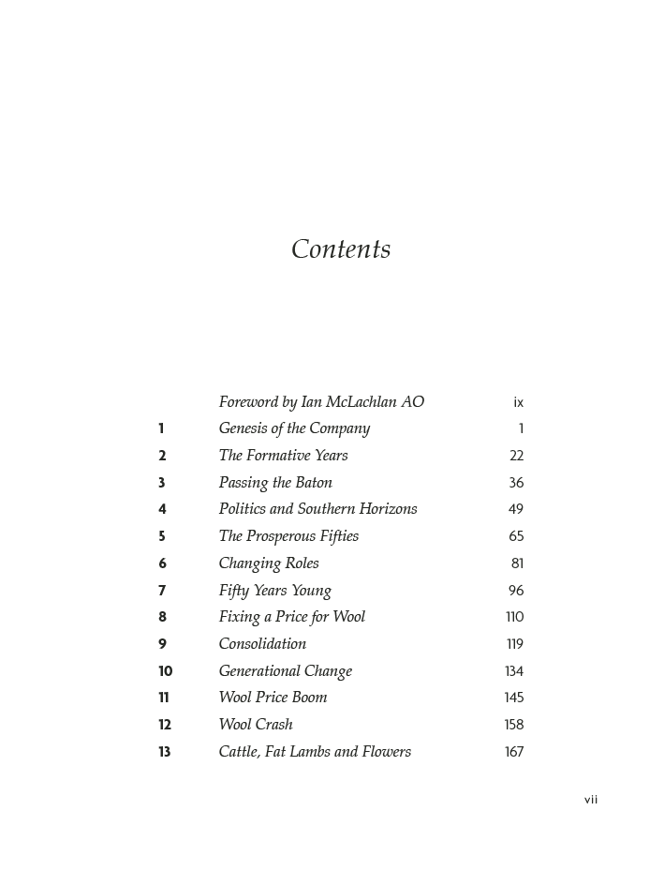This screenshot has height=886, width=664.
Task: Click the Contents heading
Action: (341, 249)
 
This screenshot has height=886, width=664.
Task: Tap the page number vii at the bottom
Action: (591, 800)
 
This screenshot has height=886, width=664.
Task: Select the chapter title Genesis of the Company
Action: (294, 428)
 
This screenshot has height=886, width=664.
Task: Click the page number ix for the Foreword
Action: (518, 403)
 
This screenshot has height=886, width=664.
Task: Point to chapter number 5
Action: (162, 537)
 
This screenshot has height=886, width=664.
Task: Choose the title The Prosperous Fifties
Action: (288, 536)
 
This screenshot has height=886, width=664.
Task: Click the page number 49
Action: (516, 510)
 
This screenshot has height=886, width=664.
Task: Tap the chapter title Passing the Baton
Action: (275, 483)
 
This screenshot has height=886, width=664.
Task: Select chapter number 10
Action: (165, 671)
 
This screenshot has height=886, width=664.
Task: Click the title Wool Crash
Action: (256, 725)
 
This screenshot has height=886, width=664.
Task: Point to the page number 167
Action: (513, 752)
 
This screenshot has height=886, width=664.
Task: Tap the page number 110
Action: (514, 617)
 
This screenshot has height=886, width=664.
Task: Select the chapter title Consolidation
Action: (262, 644)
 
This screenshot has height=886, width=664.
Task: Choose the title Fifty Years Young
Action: (274, 591)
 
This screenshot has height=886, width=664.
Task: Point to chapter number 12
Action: (165, 725)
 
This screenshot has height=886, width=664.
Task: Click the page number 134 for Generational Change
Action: (513, 671)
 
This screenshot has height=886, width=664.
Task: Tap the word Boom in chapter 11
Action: (310, 698)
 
